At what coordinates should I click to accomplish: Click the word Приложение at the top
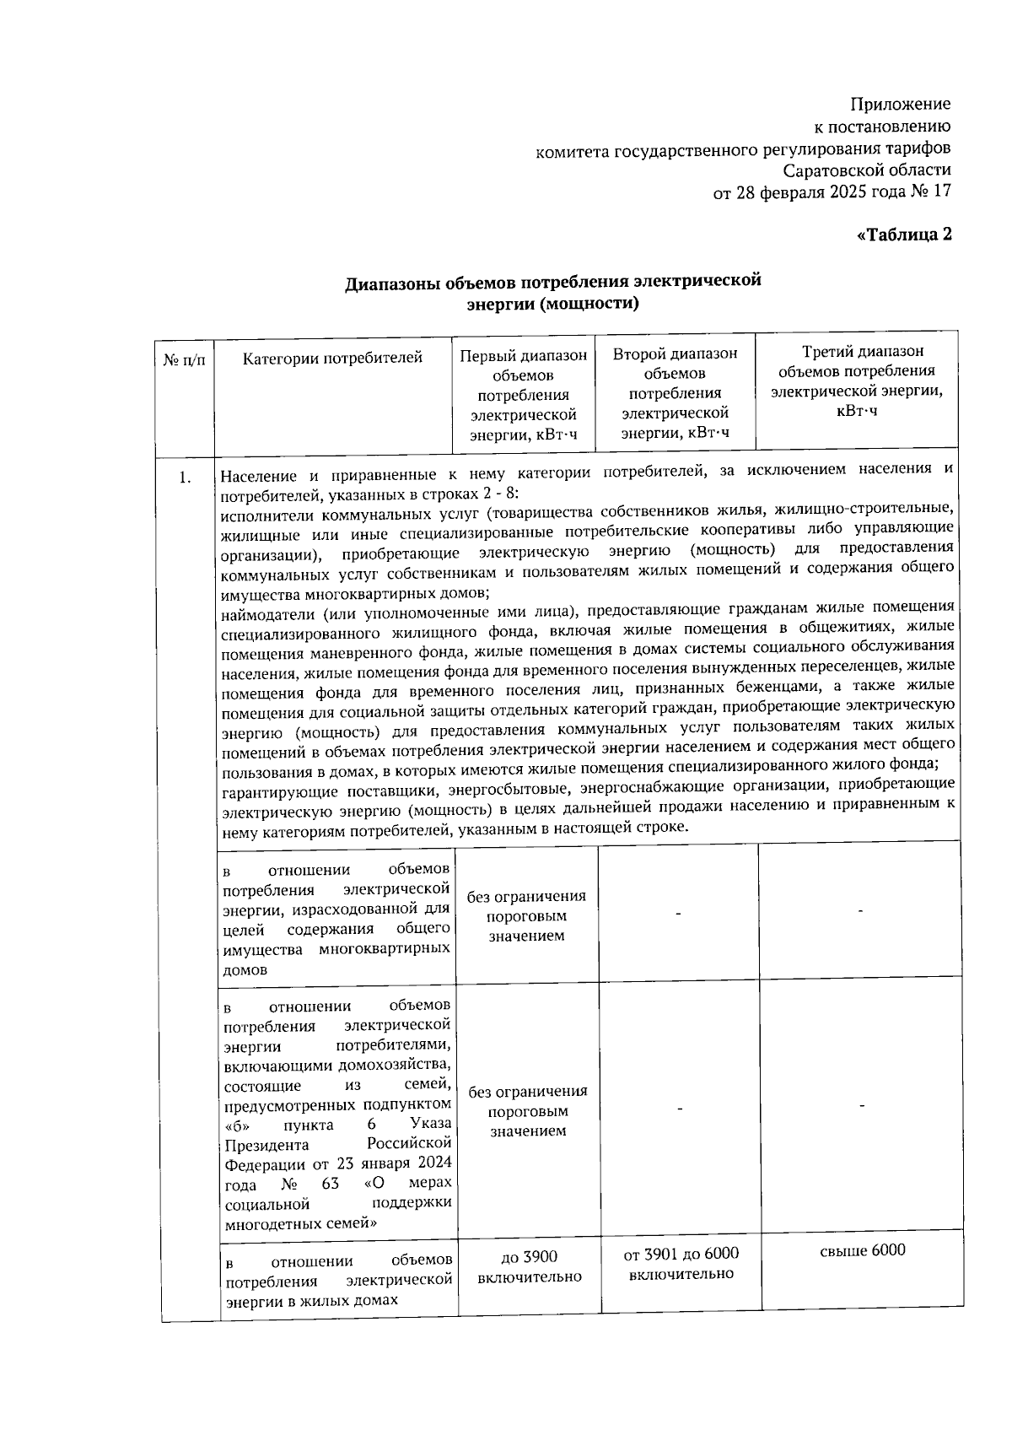(900, 105)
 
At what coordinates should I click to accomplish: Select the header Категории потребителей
(332, 359)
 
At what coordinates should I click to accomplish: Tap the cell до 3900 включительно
(529, 1266)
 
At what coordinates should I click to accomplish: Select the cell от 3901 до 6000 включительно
(681, 1264)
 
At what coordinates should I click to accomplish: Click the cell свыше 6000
(862, 1250)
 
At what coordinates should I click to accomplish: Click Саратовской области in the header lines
(866, 170)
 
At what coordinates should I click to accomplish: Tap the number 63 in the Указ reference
(330, 1184)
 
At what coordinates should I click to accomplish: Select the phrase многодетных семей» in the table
(300, 1222)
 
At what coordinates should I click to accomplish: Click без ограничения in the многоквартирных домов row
(526, 897)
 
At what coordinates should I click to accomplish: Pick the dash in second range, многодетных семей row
(679, 1108)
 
